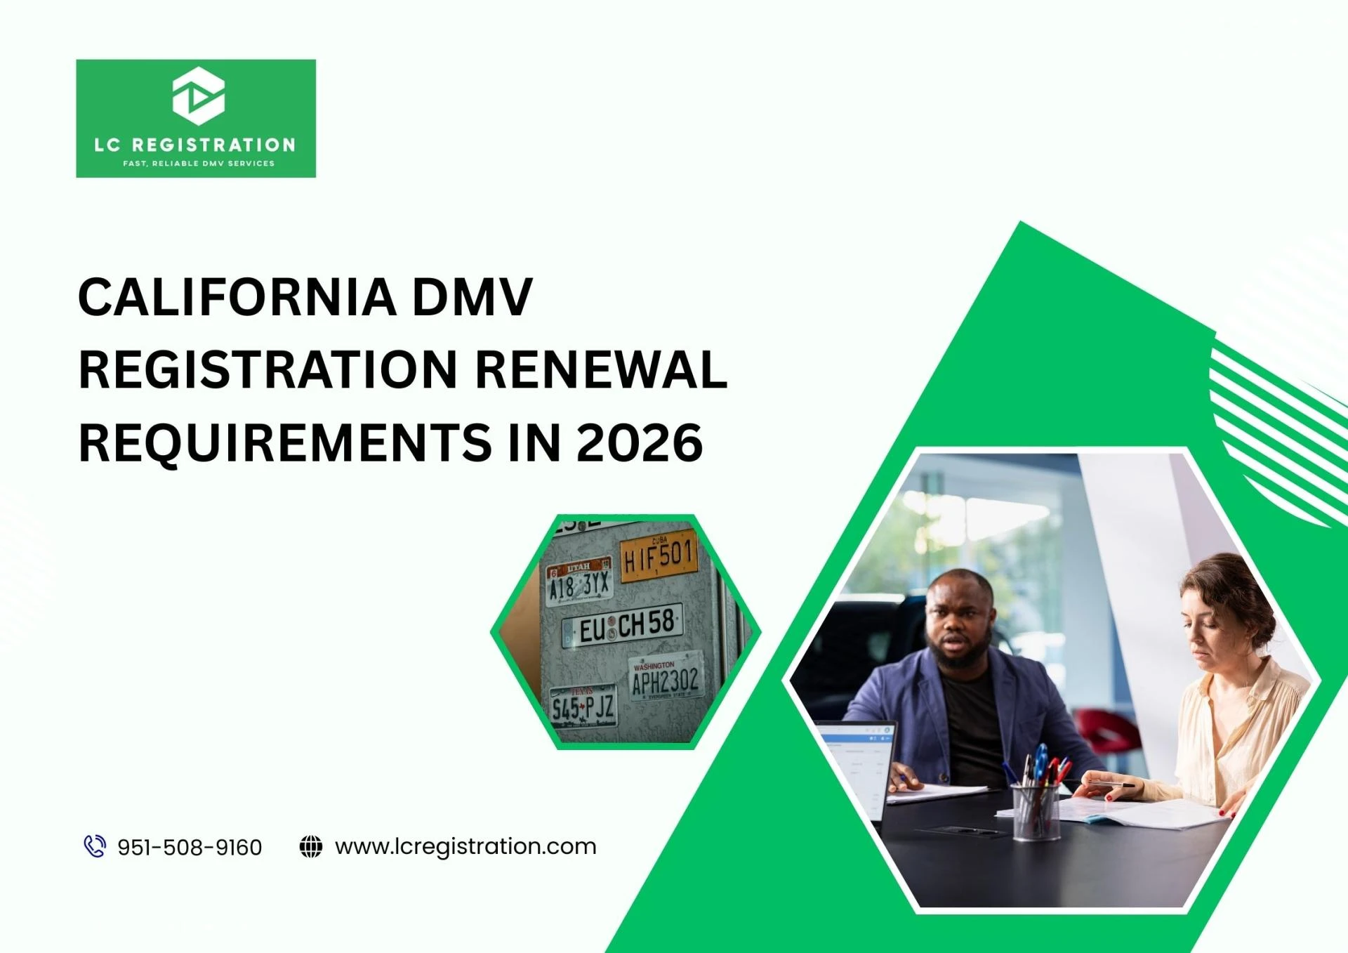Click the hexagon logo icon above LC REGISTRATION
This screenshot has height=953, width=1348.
[x=199, y=96]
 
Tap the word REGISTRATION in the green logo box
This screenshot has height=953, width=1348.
[x=213, y=145]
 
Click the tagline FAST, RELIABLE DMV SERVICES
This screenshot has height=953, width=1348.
[x=199, y=164]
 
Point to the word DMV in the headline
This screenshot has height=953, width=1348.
[x=472, y=297]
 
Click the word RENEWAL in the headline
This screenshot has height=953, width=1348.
[x=601, y=369]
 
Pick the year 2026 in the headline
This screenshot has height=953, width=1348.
[x=640, y=442]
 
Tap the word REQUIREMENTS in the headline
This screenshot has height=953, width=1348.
[x=285, y=442]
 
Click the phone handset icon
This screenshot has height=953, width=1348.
[x=95, y=846]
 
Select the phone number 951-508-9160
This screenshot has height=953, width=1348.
[x=190, y=848]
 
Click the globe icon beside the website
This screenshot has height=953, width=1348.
[x=311, y=846]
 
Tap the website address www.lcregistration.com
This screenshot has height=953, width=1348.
[x=465, y=846]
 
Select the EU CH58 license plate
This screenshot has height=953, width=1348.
[x=623, y=625]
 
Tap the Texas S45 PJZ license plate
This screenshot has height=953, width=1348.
[x=583, y=706]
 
